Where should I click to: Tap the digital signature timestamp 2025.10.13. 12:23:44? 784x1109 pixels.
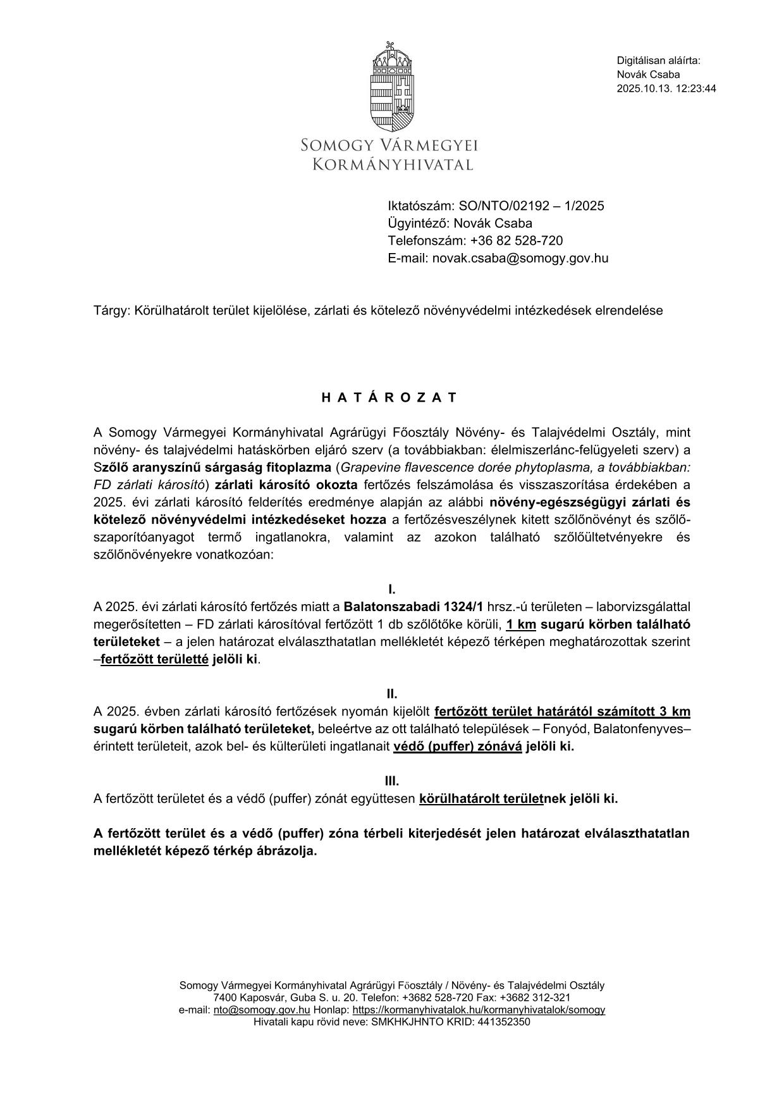coord(666,89)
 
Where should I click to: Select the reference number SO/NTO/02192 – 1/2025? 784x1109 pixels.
coord(532,206)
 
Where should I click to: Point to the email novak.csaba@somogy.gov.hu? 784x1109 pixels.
coord(520,258)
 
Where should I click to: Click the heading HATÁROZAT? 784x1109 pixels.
coord(389,398)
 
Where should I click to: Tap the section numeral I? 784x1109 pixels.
coord(392,590)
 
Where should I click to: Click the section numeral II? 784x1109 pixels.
coord(392,694)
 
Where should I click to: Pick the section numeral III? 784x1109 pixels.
coord(392,781)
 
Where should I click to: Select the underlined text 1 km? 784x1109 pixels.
coord(521,624)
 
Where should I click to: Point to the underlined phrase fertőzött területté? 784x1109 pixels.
coord(154,659)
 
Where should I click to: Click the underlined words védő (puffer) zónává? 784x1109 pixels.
coord(458,746)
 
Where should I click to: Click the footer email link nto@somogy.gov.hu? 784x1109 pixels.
coord(262,1010)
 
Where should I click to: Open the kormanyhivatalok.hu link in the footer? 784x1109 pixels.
coord(479,1010)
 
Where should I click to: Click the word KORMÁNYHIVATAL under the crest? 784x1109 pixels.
coord(393,165)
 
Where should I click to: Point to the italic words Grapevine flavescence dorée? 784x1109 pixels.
coord(418,468)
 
